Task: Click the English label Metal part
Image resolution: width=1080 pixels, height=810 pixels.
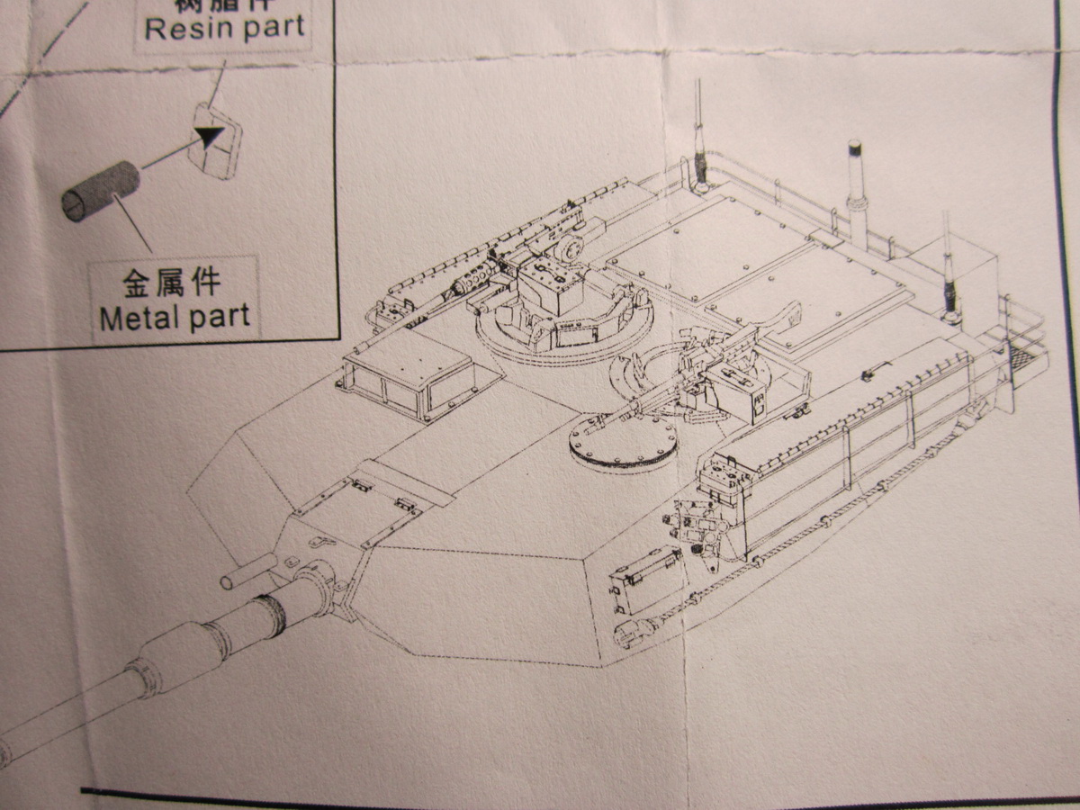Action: pyautogui.click(x=175, y=318)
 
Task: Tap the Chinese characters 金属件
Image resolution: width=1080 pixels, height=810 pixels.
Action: pyautogui.click(x=171, y=287)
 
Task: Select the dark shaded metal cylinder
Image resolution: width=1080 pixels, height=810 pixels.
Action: pyautogui.click(x=99, y=190)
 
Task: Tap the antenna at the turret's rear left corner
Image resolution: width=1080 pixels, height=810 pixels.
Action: pyautogui.click(x=700, y=135)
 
